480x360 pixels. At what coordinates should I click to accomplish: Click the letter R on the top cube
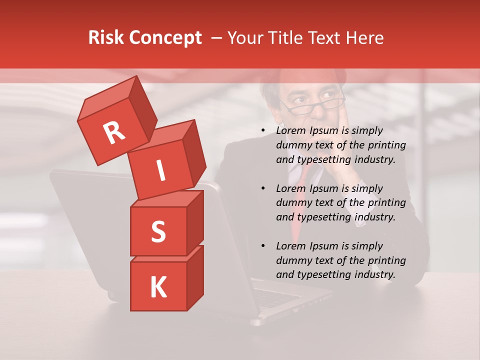114,133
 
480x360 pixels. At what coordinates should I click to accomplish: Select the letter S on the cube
158,231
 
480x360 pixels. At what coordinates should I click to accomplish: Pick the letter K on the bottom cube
158,287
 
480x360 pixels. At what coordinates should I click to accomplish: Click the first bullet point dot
263,131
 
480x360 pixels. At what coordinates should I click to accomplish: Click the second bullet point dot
263,189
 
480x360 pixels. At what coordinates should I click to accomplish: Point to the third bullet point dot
263,246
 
